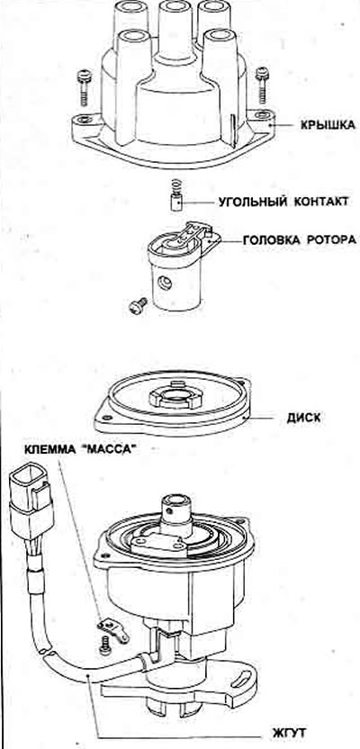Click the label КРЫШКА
tap(328, 126)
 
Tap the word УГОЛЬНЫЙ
tap(250, 202)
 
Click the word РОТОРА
tap(329, 240)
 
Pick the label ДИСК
tap(303, 418)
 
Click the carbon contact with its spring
tap(176, 194)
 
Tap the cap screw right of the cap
tap(261, 84)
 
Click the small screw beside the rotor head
tap(139, 305)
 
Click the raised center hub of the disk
tap(176, 396)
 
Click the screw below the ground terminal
tap(104, 646)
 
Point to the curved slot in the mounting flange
tap(243, 677)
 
